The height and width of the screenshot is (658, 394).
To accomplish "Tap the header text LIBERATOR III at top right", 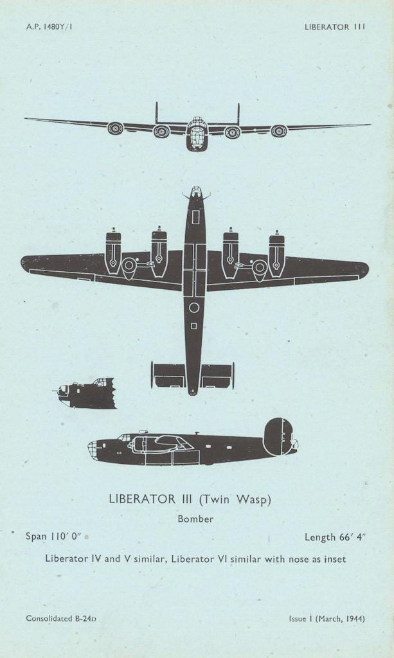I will click(335, 27).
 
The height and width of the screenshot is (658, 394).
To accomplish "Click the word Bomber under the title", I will click(195, 519).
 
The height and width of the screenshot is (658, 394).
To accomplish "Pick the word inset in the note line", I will click(334, 559).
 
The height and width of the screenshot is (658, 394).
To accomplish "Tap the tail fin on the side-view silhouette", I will click(278, 436).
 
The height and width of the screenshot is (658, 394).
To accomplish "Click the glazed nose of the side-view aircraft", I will click(94, 449).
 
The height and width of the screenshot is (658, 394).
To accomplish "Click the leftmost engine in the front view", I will click(115, 129).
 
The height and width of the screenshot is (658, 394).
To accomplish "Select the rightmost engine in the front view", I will click(278, 131).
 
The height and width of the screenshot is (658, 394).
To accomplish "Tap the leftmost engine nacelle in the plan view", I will click(113, 251).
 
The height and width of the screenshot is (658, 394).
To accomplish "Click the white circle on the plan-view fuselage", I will click(194, 308).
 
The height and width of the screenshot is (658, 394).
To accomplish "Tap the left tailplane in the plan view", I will click(168, 375).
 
